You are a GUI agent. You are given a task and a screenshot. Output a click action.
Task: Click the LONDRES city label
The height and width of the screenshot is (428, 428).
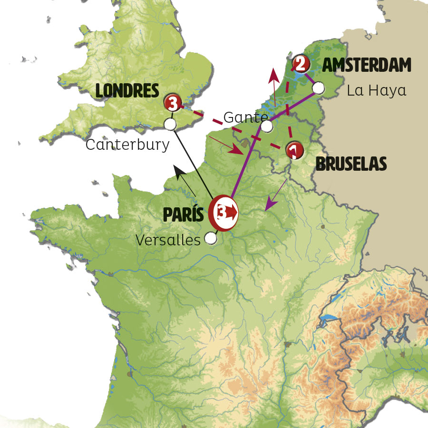(127, 90)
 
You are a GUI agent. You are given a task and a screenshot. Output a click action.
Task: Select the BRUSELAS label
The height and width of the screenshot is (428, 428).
(351, 164)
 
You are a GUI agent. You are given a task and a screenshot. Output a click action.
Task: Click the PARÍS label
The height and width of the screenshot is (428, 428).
(184, 215)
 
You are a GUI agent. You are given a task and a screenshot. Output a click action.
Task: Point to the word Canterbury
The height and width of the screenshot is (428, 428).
(127, 145)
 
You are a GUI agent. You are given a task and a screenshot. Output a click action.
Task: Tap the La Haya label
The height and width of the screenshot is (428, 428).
(377, 90)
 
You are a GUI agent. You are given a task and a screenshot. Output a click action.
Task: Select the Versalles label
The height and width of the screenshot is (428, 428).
(168, 240)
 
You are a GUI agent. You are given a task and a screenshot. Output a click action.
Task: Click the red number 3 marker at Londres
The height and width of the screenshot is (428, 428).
(172, 102)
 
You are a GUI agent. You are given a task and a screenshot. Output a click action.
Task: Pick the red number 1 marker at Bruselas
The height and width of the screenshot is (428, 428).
(294, 150)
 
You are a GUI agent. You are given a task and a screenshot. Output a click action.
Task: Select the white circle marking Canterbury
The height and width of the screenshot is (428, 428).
(170, 124)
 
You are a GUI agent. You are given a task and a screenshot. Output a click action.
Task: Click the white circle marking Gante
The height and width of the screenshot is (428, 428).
(267, 126)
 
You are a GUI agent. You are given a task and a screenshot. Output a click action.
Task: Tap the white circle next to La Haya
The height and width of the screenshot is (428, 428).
(319, 88)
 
